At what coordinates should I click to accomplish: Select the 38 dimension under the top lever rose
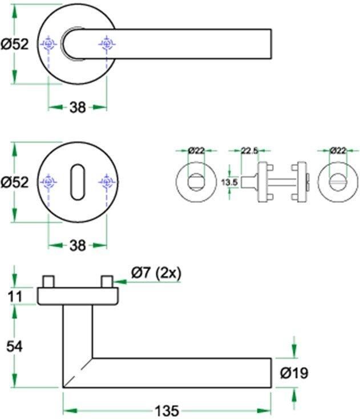coord(78,107)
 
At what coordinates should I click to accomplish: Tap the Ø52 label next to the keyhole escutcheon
coord(14,182)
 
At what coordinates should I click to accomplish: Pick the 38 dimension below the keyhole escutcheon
coord(78,246)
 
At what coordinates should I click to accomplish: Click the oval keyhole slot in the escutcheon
coord(78,181)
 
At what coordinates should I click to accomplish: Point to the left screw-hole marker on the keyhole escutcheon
coord(49,182)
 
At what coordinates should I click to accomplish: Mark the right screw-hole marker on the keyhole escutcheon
coord(107,182)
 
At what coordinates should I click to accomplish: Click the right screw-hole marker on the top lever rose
coord(107,43)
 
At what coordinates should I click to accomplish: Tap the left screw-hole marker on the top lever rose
coord(49,43)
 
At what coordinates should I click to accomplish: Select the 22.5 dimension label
coord(249,150)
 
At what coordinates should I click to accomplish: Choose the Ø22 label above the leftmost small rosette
coord(196,150)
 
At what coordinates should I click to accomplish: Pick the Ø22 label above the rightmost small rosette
coord(338,150)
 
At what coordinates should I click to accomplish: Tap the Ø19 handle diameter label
coord(294,373)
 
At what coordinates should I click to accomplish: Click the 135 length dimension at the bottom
coord(167,410)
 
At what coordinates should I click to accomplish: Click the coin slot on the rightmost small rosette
coord(338,182)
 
